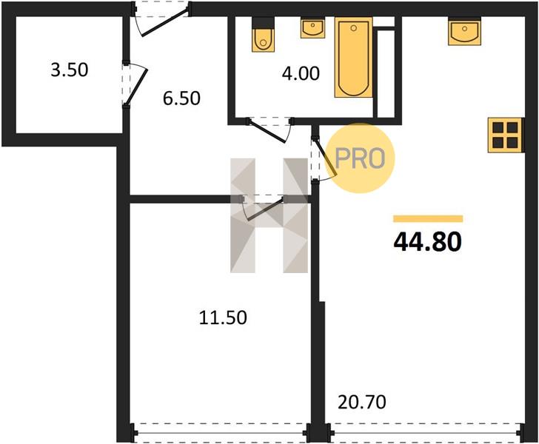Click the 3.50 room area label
[70, 70]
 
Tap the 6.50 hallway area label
[181, 98]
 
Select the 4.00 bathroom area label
[301, 73]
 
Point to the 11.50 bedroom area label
[223, 317]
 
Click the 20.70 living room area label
[362, 402]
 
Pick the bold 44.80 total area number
[428, 241]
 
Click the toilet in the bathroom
[264, 34]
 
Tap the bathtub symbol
[354, 57]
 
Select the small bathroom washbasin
[312, 27]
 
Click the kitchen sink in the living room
[464, 32]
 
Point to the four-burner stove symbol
[505, 135]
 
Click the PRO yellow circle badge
[360, 158]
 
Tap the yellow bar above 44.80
[428, 219]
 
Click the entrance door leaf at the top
[164, 24]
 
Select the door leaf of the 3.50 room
[135, 86]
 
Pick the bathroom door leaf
[267, 131]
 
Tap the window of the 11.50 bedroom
[221, 433]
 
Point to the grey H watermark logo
[269, 215]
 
